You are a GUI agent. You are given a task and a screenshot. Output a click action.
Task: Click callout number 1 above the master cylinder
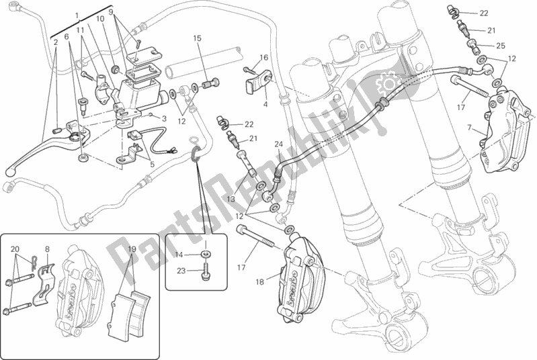pyautogui.click(x=77, y=15)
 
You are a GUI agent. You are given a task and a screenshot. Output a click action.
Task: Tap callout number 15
pyautogui.click(x=198, y=39)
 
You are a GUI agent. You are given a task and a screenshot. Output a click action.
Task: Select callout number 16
pyautogui.click(x=264, y=58)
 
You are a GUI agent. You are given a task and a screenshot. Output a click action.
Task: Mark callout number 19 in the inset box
pyautogui.click(x=131, y=249)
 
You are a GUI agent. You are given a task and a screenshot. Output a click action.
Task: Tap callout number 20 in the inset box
pyautogui.click(x=15, y=248)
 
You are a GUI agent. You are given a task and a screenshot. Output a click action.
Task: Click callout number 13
pyautogui.click(x=230, y=200)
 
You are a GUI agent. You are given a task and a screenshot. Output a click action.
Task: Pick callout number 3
pyautogui.click(x=163, y=118)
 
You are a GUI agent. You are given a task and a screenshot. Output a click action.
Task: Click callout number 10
pyautogui.click(x=100, y=20)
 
